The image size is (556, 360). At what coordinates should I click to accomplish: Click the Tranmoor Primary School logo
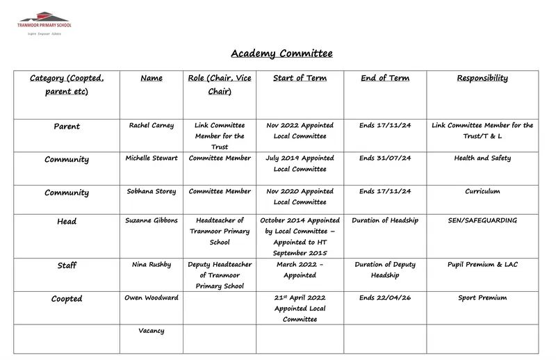point(44,20)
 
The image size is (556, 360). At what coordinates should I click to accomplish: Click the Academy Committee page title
point(281,54)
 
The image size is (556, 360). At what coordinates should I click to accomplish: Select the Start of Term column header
point(300,79)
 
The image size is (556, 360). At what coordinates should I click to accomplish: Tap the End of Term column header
point(384,79)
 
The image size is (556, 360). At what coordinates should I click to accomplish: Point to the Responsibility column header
point(482,79)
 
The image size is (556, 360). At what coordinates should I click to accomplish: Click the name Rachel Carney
point(152,126)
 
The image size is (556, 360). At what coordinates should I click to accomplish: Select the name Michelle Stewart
point(152,158)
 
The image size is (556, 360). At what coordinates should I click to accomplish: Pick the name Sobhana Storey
point(152,192)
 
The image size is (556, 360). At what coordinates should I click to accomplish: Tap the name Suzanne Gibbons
point(152,221)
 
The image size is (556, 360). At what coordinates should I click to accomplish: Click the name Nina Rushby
point(152,265)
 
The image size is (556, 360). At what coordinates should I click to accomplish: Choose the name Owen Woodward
point(152,298)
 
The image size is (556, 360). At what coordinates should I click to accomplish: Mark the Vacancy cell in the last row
point(152,332)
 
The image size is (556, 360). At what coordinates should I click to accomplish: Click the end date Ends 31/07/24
point(384,158)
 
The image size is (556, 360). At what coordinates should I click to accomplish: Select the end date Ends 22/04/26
point(384,298)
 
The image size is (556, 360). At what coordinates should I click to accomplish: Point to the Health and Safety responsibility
point(482,158)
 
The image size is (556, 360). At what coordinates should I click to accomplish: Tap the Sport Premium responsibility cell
point(482,298)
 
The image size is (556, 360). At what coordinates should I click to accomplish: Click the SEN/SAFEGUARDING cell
point(482,221)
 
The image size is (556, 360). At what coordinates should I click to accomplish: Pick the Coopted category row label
point(67,299)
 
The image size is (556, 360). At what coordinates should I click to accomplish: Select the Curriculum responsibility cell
point(482,192)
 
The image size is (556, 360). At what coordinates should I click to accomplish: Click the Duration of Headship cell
point(384,221)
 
